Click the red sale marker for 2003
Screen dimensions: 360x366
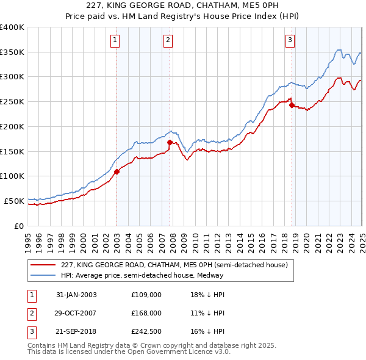tap(117, 171)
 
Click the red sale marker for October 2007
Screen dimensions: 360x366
tap(170, 142)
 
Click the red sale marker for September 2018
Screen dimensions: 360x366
tap(292, 105)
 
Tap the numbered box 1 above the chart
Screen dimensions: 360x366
tap(115, 41)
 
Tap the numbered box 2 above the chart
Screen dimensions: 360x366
tap(168, 41)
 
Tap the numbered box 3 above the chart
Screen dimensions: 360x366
tap(290, 41)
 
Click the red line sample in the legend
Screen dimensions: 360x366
tap(44, 265)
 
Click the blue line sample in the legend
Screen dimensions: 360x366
tap(44, 275)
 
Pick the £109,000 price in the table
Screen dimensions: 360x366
tap(146, 295)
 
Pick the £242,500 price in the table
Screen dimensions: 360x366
tap(146, 332)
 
